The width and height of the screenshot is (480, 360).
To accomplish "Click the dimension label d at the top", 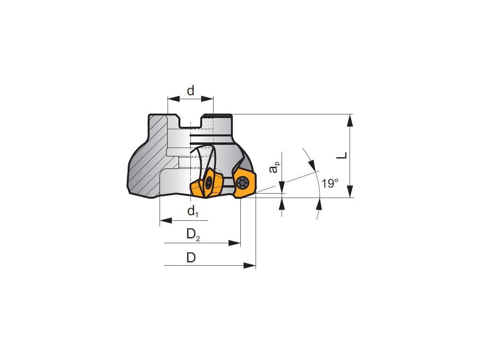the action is click(x=190, y=90).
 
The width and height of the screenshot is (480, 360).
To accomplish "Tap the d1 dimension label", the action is click(x=193, y=212).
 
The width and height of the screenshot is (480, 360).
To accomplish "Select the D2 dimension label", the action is click(x=193, y=234).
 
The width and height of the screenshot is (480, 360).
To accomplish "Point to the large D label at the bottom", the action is click(x=191, y=258).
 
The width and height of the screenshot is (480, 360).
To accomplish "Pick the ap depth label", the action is click(x=274, y=167).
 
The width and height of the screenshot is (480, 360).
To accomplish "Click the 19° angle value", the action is click(x=330, y=183).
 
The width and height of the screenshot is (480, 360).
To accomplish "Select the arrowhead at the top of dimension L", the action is click(x=350, y=120).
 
